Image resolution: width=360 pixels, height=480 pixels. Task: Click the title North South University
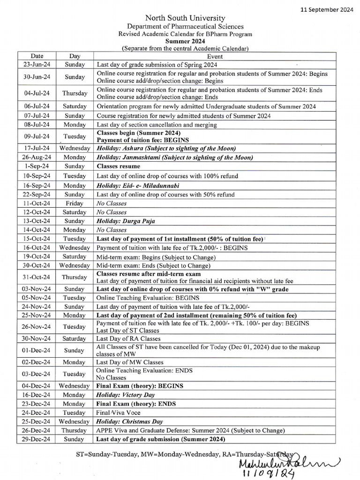[x=185, y=18]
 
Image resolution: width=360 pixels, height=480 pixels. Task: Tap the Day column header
[x=75, y=56]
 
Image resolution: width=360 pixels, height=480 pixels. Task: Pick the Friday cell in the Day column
[x=75, y=203]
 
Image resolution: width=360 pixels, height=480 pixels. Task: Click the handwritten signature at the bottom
[x=304, y=462]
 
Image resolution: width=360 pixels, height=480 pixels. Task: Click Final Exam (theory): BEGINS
[x=140, y=386]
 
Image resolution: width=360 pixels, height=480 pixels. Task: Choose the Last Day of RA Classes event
[x=128, y=338]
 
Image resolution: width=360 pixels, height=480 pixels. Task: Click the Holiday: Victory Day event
[x=126, y=395]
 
